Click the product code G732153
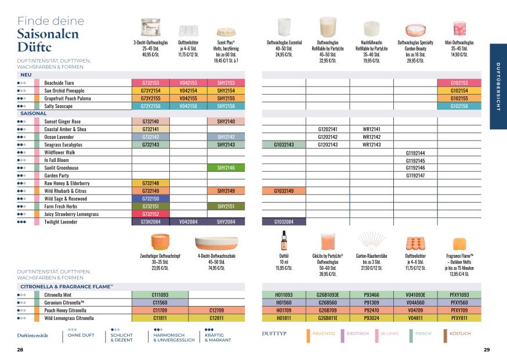click(150, 83)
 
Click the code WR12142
click(371, 136)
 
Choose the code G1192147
click(415, 175)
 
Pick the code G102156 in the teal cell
click(459, 106)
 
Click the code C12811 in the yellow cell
click(216, 318)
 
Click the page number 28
click(20, 350)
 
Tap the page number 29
click(487, 350)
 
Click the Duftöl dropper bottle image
click(284, 239)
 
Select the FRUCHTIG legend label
click(324, 334)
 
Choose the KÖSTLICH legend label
click(458, 334)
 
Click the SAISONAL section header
click(33, 113)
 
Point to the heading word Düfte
click(35, 47)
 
